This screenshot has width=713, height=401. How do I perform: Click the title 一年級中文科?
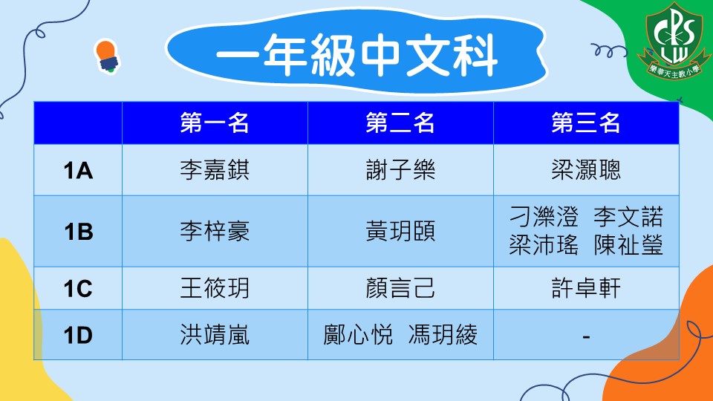[357, 55]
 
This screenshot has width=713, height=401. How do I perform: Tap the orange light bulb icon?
[107, 56]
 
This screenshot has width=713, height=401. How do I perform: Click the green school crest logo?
[674, 40]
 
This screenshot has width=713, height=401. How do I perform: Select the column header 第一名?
[215, 123]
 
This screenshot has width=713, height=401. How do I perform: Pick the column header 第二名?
[400, 123]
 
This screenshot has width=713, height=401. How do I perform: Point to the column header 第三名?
[586, 123]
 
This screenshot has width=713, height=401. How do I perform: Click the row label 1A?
[78, 171]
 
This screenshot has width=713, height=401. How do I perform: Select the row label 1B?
[78, 232]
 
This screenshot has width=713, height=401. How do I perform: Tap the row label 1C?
[78, 289]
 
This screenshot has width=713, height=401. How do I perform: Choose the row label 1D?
[78, 336]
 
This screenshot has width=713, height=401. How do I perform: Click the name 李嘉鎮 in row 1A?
[215, 170]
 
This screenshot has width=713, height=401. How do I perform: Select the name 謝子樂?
[400, 170]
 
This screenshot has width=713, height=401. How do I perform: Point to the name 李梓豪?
[215, 231]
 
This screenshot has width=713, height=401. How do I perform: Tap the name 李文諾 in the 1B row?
[628, 216]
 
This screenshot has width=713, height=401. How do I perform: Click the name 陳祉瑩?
[628, 246]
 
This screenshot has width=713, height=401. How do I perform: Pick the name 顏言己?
[400, 288]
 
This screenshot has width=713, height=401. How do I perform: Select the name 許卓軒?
[586, 288]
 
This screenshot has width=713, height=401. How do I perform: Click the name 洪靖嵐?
[215, 335]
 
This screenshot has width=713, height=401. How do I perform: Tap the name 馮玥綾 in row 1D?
[443, 335]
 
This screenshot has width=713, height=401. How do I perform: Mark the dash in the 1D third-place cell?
[586, 337]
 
